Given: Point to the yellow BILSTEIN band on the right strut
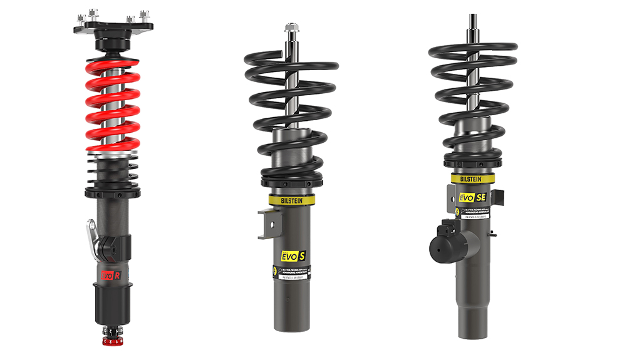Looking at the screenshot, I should pyautogui.click(x=472, y=178).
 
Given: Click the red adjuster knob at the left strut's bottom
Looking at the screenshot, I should pyautogui.click(x=111, y=342).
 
